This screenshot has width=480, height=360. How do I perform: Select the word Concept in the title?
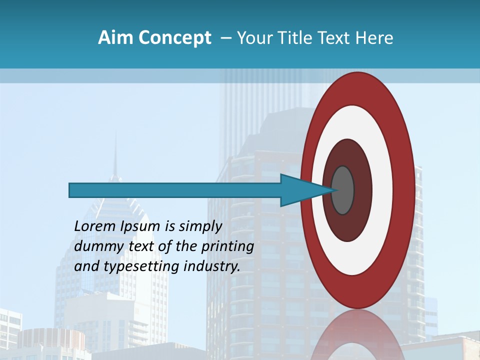click(174, 38)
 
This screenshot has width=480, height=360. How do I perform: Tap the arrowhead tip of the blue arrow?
click(334, 190)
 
